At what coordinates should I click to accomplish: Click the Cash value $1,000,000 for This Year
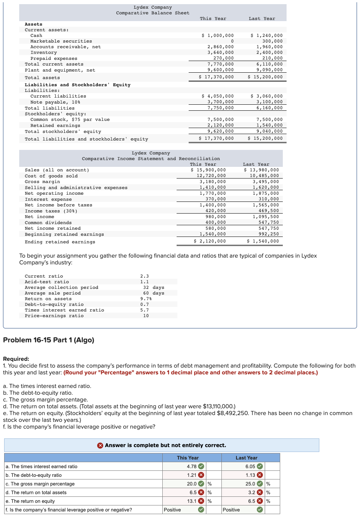point(218,35)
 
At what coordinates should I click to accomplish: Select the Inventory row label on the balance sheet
point(44,53)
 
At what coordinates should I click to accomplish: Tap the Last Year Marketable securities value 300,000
point(272,41)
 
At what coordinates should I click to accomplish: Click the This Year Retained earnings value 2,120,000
point(220,125)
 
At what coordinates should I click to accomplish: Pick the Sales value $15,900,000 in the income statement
point(208,170)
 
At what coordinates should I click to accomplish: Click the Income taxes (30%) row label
point(51,211)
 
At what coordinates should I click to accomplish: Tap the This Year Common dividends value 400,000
point(215,223)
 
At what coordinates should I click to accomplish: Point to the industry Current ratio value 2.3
point(144,276)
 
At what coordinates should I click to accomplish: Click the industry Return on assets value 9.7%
point(146,299)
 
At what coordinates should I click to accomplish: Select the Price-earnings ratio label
point(54,316)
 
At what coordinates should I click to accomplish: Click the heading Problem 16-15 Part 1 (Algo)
point(49,340)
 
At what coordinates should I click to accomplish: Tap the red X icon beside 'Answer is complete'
point(100,446)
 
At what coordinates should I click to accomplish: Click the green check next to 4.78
point(201,466)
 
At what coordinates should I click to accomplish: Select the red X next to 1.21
point(201,475)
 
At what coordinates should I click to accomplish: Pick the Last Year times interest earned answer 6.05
point(250,466)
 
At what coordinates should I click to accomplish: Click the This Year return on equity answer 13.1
point(192,501)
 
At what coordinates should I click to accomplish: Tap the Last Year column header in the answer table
point(246,458)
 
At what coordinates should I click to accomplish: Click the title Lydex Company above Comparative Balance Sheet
point(153,7)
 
